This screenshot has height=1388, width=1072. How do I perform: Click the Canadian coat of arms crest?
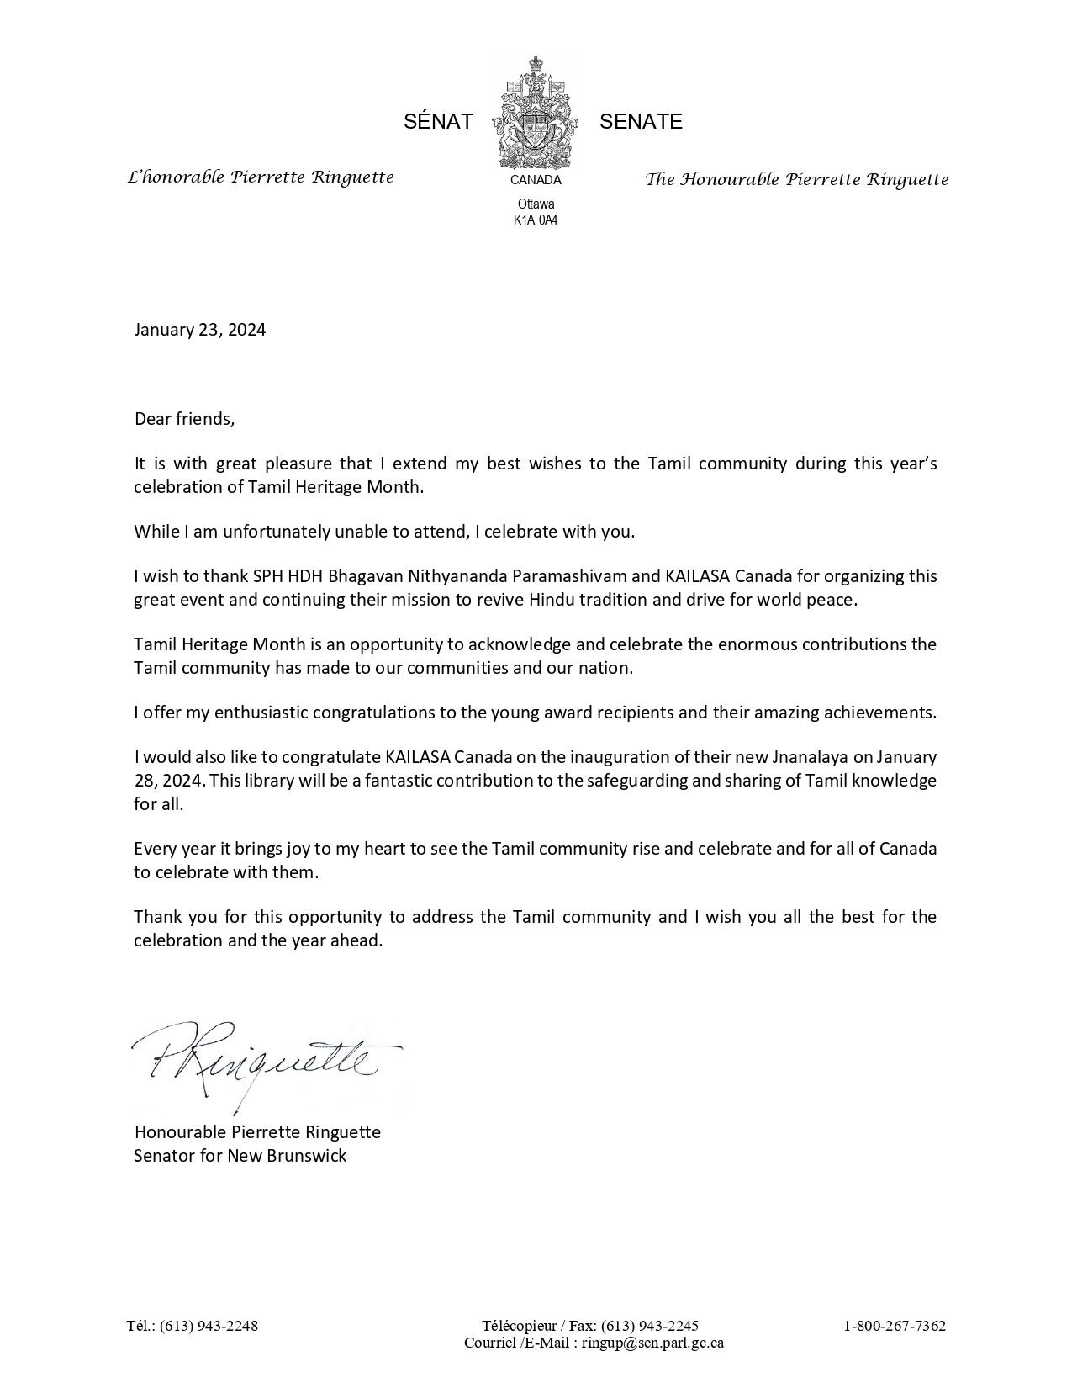click(x=536, y=114)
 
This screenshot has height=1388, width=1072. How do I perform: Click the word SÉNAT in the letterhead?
click(x=438, y=122)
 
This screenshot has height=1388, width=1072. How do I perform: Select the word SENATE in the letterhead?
click(x=641, y=122)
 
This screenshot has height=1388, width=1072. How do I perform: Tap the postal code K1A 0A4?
click(x=536, y=220)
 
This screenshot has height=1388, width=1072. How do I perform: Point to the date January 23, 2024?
click(x=199, y=330)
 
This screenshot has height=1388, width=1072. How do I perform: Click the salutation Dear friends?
click(x=184, y=419)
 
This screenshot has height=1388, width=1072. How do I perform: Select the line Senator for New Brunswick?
click(x=240, y=1156)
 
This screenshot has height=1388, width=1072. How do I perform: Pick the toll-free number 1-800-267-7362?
click(x=895, y=1326)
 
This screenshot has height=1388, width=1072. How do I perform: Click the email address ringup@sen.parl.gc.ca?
click(x=652, y=1343)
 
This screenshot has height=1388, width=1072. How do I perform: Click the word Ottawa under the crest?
click(x=536, y=204)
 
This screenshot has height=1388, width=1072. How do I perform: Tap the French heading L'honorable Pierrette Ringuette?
click(x=260, y=177)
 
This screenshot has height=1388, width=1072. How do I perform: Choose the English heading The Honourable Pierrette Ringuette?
click(x=796, y=179)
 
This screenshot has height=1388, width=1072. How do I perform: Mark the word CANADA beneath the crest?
click(x=536, y=180)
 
